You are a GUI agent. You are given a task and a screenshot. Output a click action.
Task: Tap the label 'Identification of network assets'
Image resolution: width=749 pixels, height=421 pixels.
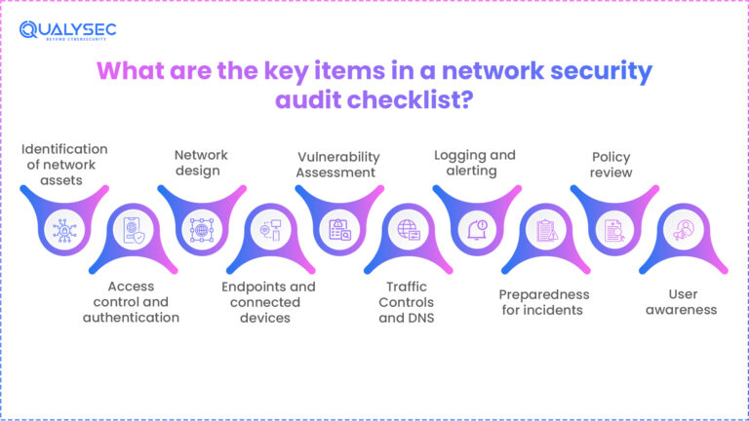coord(65,164)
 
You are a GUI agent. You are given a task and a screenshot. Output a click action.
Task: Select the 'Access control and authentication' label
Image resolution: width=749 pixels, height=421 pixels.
coord(130,301)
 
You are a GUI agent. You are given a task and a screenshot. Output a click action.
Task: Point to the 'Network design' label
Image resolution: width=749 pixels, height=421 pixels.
coord(201,164)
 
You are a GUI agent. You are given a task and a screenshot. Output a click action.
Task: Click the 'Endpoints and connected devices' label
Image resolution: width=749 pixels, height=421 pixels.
coord(268,301)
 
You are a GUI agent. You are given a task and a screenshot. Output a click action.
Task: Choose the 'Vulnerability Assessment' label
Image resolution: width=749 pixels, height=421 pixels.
coord(337,164)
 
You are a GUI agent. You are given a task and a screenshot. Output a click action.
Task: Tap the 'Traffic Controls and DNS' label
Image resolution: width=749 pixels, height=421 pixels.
coord(407,301)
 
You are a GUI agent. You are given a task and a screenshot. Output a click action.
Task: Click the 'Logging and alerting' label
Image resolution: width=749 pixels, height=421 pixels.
coord(475,163)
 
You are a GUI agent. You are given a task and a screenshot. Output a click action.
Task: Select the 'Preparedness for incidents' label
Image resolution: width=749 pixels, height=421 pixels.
coord(543,302)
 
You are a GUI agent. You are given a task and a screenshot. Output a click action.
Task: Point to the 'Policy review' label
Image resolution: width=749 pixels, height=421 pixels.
coord(611,164)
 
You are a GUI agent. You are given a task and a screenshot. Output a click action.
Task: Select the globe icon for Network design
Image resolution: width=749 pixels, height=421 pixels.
coord(201,228)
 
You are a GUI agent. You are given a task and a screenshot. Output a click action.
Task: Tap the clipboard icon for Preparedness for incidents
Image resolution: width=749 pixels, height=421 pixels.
coord(545,231)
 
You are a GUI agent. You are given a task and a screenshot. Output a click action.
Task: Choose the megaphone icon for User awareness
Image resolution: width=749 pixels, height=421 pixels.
coord(683,231)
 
